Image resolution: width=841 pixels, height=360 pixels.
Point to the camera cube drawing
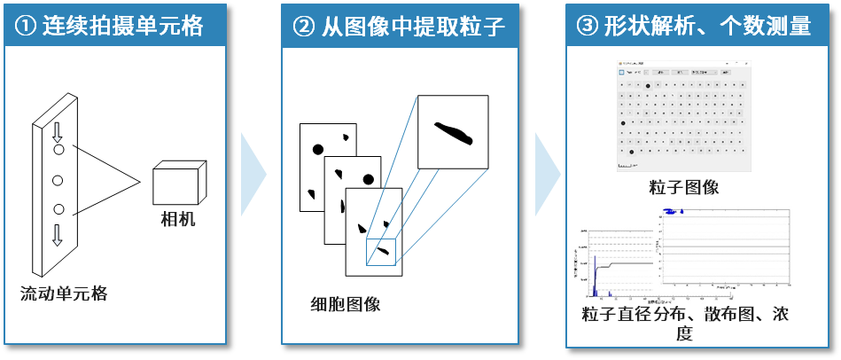(178, 184)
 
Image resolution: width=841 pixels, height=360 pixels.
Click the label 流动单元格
(64, 293)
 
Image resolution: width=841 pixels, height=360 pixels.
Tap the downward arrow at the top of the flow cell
(58, 132)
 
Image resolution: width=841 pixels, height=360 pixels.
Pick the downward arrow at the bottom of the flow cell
(58, 234)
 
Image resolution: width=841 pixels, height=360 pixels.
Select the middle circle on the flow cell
(58, 180)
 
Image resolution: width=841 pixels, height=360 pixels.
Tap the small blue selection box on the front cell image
(379, 251)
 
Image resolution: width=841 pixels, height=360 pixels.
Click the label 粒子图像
(683, 187)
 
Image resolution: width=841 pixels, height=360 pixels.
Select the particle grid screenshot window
(683, 116)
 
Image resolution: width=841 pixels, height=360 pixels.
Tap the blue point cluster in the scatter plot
(678, 212)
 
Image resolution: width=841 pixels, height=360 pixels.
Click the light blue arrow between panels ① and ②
(253, 174)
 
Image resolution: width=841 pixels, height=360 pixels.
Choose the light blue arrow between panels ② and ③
(547, 174)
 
